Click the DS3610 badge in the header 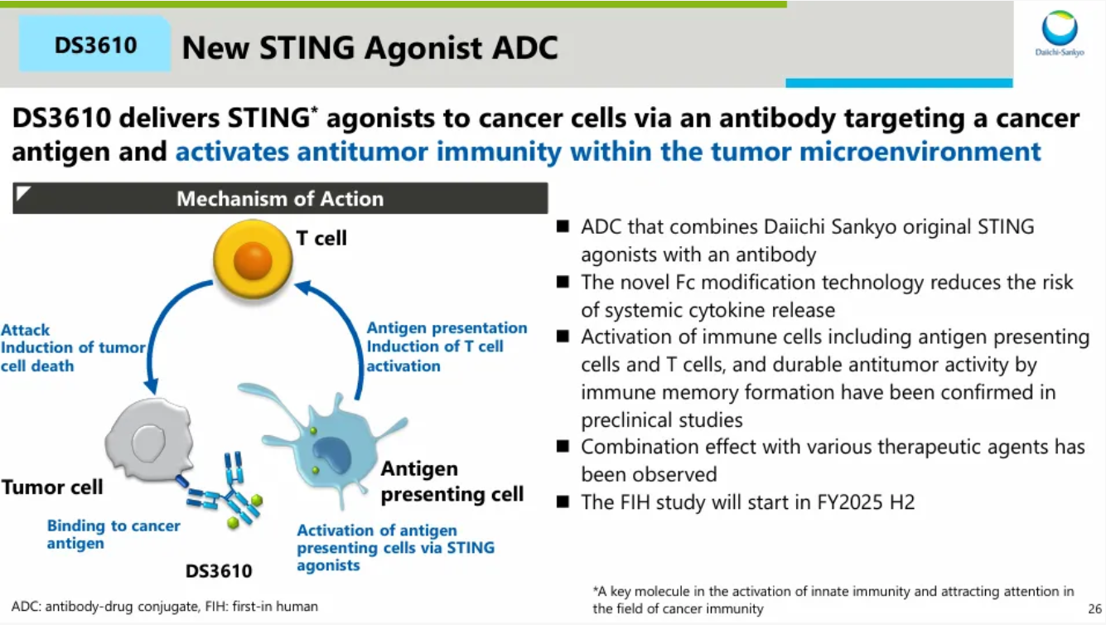coord(95,45)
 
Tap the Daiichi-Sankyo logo coord(1060,33)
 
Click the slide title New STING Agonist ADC coord(369,48)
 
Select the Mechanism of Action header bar coord(280,199)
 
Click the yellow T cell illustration coord(253,259)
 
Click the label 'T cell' coord(321,239)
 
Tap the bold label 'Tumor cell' coord(52,487)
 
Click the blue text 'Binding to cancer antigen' coord(113,535)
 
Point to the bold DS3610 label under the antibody coord(219,570)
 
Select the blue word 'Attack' coord(26,330)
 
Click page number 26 coord(1094,608)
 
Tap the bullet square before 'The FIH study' coord(563,501)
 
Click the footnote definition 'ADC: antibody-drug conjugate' coord(99,607)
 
